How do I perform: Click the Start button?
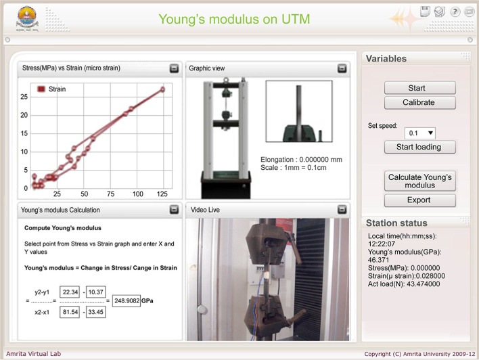click(419, 88)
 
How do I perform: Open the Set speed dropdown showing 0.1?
click(419, 133)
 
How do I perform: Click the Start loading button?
click(419, 147)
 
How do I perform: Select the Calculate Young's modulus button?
click(419, 181)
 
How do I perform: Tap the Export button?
click(419, 200)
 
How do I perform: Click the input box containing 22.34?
click(70, 292)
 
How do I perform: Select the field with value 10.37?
click(96, 292)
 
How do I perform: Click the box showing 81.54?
click(70, 312)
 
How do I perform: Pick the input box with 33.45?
click(96, 312)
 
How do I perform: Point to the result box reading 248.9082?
click(127, 300)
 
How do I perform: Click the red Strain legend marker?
click(41, 89)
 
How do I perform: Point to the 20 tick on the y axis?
click(24, 115)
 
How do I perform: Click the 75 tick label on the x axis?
click(110, 194)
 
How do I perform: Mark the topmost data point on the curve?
click(163, 89)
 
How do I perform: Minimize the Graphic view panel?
click(342, 68)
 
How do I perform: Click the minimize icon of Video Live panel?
click(342, 209)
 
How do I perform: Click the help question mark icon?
click(455, 12)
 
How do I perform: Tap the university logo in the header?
click(27, 19)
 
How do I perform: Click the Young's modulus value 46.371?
click(378, 260)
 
